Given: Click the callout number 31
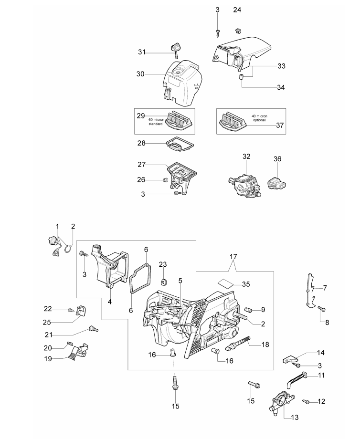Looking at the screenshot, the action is point(142,52).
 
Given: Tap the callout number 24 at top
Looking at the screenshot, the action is point(237,10).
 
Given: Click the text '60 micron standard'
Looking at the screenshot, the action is point(156,122).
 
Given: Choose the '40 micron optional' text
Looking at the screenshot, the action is point(259,118).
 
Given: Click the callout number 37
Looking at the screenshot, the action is point(280,125).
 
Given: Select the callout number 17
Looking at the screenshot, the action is point(233,256).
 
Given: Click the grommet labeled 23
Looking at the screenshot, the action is point(163,281).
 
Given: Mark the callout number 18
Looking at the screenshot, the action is point(265,345).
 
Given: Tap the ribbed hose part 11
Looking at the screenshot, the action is point(297,379).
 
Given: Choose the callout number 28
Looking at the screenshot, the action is point(141,143).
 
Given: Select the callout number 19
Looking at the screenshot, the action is point(48,359).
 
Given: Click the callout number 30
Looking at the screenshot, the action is point(140,74).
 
